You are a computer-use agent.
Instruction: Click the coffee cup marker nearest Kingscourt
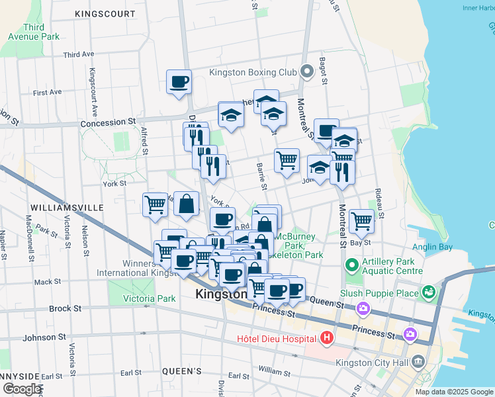pyautogui.click(x=179, y=82)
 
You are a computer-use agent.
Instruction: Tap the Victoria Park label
pyautogui.click(x=150, y=298)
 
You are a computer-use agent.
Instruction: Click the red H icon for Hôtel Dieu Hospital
pyautogui.click(x=326, y=339)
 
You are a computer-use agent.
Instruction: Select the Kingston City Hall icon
pyautogui.click(x=418, y=361)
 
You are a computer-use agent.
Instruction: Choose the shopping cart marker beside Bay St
pyautogui.click(x=361, y=221)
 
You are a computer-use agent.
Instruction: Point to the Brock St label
pyautogui.click(x=66, y=308)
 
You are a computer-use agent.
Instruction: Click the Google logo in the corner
pyautogui.click(x=22, y=389)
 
